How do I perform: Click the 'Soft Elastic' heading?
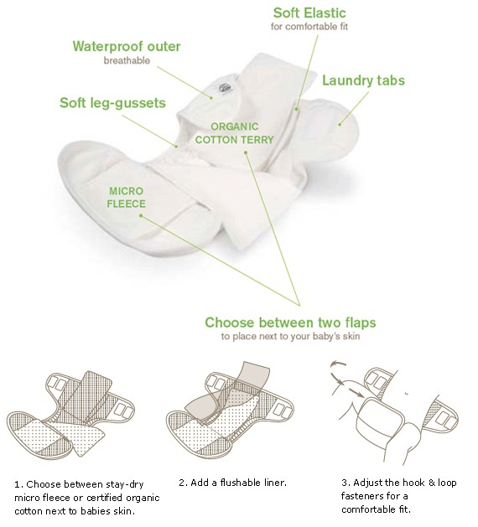[x=309, y=13]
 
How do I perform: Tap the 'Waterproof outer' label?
[x=127, y=46]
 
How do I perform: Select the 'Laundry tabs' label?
[x=364, y=80]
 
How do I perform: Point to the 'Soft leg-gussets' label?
[x=112, y=103]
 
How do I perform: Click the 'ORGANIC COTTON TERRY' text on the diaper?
[x=235, y=133]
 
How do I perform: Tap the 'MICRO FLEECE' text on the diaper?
[x=126, y=197]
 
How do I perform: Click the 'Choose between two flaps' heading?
[x=290, y=323]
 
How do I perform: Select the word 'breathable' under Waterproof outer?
[x=127, y=61]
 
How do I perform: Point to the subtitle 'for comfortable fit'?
[x=309, y=27]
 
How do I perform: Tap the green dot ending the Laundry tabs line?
[x=340, y=124]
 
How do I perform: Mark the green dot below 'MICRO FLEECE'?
[x=141, y=216]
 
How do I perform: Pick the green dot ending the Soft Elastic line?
[x=297, y=109]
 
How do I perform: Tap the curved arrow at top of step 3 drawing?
[x=339, y=364]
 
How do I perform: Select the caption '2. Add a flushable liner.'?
[x=233, y=483]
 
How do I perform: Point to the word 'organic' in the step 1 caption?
[x=143, y=499]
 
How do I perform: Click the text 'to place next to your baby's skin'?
[x=291, y=337]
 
